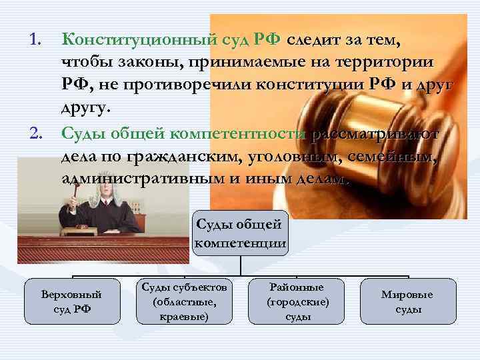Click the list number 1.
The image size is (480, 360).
coord(33,41)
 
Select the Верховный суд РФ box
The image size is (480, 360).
coord(72,301)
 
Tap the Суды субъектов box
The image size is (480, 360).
coord(185,301)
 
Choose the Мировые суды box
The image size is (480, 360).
coord(407,301)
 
